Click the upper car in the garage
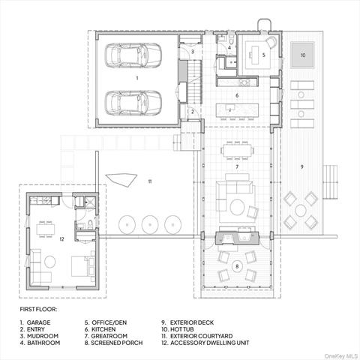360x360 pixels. pyautogui.click(x=133, y=55)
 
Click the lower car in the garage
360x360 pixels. pyautogui.click(x=133, y=103)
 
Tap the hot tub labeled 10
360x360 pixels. pyautogui.click(x=303, y=55)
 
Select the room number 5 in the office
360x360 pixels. pyautogui.click(x=263, y=55)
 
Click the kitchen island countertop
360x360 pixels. pyautogui.click(x=237, y=110)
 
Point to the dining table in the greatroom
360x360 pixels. pyautogui.click(x=237, y=150)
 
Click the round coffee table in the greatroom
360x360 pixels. pyautogui.click(x=238, y=207)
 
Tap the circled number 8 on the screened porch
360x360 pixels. pyautogui.click(x=237, y=266)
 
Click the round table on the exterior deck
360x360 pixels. pyautogui.click(x=301, y=211)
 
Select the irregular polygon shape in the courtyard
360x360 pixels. pyautogui.click(x=122, y=179)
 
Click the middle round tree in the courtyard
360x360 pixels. pyautogui.click(x=150, y=224)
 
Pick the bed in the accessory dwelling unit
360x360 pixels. pyautogui.click(x=82, y=266)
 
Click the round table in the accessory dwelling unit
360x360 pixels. pyautogui.click(x=50, y=262)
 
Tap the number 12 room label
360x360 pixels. pyautogui.click(x=61, y=239)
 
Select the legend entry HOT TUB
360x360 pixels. pyautogui.click(x=182, y=329)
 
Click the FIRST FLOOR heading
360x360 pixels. pyautogui.click(x=38, y=309)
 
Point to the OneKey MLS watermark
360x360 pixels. pyautogui.click(x=340, y=355)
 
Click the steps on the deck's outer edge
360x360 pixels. pyautogui.click(x=330, y=182)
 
